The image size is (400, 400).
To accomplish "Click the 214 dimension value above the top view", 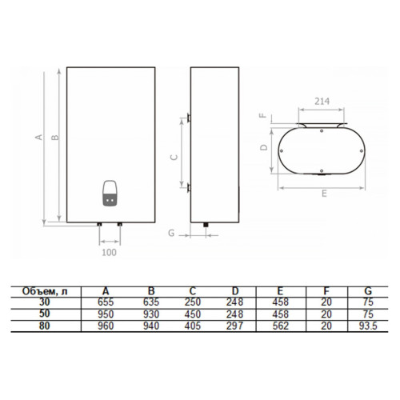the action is tap(322, 102).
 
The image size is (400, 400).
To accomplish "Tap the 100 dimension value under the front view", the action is tap(110, 252).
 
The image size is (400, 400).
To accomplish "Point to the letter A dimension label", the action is tap(39, 137).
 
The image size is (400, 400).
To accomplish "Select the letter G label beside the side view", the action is tap(171, 233).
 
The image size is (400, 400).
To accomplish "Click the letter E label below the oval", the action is tap(324, 194).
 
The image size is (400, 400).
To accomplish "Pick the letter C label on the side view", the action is tap(174, 158).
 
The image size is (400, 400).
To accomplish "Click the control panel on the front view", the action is tap(110, 194).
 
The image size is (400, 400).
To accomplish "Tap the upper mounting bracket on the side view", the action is tap(189, 118).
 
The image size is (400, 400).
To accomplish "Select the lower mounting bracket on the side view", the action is tap(189, 188).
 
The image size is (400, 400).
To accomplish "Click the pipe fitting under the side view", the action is tap(206, 225).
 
